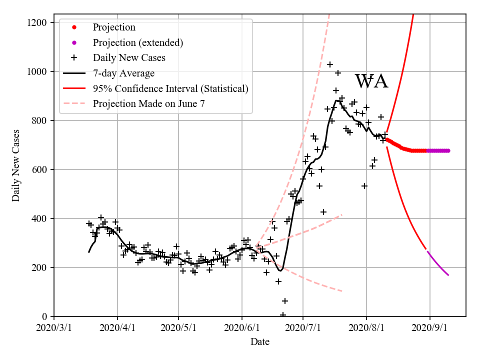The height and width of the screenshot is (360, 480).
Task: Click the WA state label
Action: click(x=371, y=81)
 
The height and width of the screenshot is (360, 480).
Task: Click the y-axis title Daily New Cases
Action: click(x=16, y=165)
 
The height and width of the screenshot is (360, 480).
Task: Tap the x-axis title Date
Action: click(x=260, y=342)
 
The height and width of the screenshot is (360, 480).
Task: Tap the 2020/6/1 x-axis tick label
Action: click(x=242, y=328)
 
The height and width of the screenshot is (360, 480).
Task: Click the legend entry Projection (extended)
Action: click(x=137, y=42)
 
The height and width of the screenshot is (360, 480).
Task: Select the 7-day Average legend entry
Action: click(x=123, y=73)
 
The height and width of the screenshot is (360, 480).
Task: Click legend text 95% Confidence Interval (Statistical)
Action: click(x=170, y=89)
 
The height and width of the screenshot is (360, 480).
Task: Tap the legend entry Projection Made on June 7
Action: click(x=148, y=104)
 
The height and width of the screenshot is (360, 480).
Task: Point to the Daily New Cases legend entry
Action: click(x=128, y=58)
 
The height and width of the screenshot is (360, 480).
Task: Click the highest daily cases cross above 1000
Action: click(x=330, y=64)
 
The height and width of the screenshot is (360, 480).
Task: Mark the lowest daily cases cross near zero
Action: click(x=283, y=315)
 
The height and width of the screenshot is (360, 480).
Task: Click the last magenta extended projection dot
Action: click(x=448, y=150)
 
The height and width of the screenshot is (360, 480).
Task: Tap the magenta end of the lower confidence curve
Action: click(x=448, y=275)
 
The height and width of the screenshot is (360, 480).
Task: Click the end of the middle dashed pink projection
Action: click(x=341, y=215)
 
